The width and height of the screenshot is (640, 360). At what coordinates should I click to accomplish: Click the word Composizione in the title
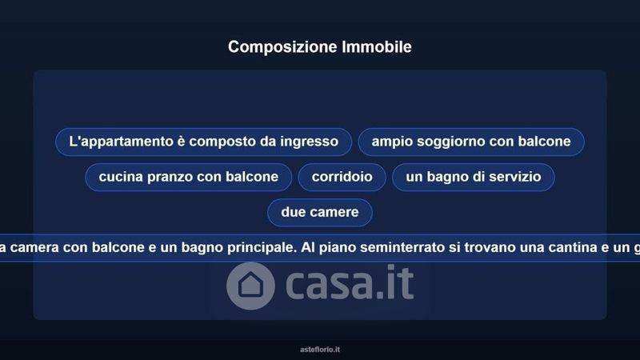coord(282,47)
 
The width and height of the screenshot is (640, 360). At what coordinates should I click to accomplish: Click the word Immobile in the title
coord(377,46)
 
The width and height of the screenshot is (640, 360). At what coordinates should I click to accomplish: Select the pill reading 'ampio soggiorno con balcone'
coord(471,142)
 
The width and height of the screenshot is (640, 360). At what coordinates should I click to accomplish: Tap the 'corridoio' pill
coord(342,177)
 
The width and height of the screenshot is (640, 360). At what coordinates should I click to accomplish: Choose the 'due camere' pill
coord(319,212)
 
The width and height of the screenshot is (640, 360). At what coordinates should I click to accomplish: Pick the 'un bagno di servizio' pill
coord(473,177)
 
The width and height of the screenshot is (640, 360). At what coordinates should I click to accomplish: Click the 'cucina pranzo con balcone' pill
coord(189,177)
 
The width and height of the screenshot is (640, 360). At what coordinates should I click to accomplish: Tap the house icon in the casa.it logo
coord(250,286)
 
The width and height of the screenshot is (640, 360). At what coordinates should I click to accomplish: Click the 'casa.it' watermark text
coord(350,283)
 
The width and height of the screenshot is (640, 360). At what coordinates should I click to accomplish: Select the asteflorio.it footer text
coord(319,350)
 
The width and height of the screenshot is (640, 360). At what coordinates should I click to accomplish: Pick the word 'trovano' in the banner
coord(487,247)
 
